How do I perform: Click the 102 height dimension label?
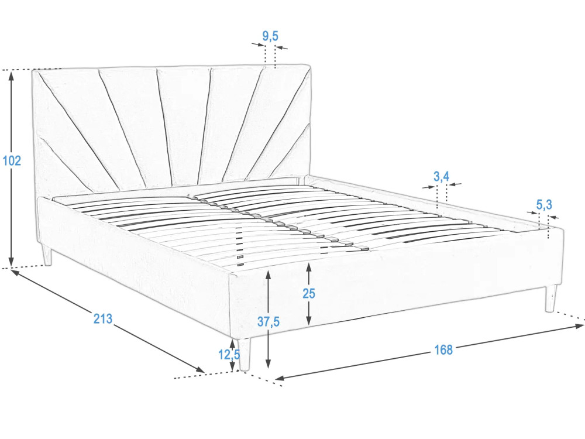click(12, 160)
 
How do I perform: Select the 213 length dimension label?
click(102, 318)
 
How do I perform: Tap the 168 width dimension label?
click(443, 350)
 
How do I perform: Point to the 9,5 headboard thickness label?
click(270, 36)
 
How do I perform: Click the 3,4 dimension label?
click(441, 176)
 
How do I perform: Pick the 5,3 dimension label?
click(544, 204)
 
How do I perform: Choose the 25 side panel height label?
click(308, 293)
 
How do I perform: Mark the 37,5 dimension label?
click(269, 321)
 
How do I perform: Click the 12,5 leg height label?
click(229, 354)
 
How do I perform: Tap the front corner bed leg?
click(244, 355)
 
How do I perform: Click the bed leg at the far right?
click(550, 299)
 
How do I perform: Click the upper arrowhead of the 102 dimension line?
click(12, 76)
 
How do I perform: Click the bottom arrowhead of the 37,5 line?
click(268, 363)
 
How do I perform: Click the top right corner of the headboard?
click(311, 65)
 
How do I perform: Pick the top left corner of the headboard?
click(32, 70)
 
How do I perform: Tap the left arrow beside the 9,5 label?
click(258, 45)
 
